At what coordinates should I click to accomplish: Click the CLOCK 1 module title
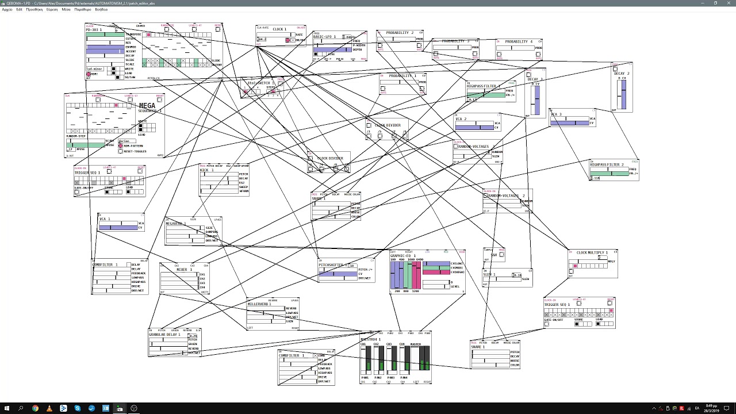(x=279, y=29)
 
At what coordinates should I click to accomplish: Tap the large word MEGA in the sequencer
(x=147, y=106)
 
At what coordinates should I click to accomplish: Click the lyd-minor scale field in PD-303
(x=95, y=69)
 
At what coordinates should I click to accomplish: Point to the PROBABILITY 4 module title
(x=519, y=42)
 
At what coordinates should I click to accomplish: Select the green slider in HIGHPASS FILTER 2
(x=608, y=173)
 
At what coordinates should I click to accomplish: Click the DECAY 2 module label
(x=622, y=74)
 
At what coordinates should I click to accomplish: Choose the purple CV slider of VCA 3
(x=569, y=122)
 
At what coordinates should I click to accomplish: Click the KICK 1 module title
(x=206, y=170)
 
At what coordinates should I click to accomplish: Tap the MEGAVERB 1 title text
(x=174, y=224)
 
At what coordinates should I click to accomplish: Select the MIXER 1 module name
(x=185, y=270)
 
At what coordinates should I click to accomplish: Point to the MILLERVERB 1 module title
(x=259, y=304)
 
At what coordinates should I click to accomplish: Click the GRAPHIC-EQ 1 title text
(x=402, y=256)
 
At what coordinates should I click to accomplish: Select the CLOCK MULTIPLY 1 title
(x=592, y=253)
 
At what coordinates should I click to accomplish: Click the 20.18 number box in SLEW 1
(x=516, y=275)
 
